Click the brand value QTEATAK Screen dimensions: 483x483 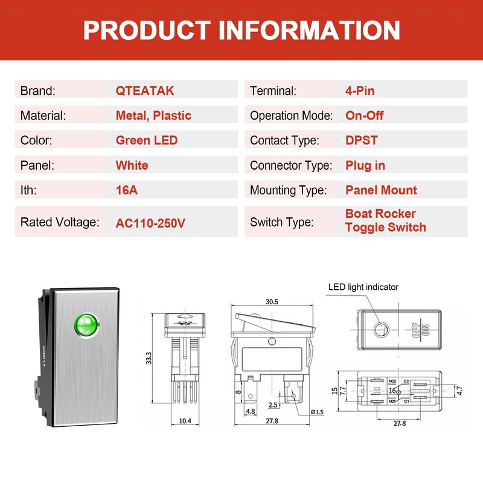[x=145, y=91]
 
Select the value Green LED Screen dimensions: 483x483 [x=147, y=141]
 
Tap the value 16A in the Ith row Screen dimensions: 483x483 [x=127, y=190]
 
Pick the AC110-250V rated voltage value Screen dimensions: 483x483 [x=150, y=223]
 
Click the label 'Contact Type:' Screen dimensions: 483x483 [x=284, y=141]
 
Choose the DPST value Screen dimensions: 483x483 [x=362, y=141]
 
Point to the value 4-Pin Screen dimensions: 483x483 [x=360, y=91]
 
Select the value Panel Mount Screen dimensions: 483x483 [x=381, y=190]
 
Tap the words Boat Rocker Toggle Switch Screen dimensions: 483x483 [x=385, y=220]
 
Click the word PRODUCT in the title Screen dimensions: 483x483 [x=144, y=30]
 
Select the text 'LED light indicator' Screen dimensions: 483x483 [x=363, y=287]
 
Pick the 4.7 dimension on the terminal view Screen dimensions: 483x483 [x=459, y=391]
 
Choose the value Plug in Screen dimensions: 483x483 [x=365, y=165]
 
